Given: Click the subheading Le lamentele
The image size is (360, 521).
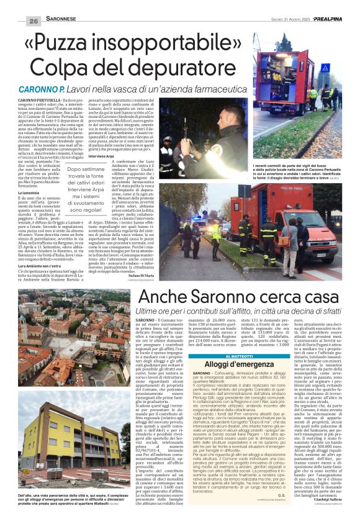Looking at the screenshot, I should [31, 194].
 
